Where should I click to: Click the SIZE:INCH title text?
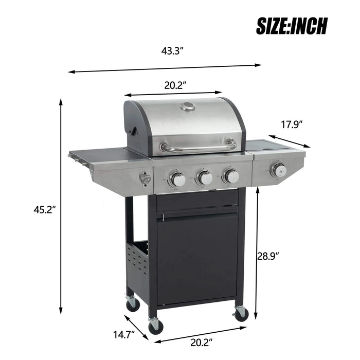coord(292,25)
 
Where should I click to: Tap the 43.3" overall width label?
coord(172,51)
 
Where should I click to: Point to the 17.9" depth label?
coord(292,124)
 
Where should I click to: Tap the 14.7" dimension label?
coord(123,335)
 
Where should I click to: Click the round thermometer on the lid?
coord(188,107)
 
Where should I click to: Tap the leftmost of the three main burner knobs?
coord(178,179)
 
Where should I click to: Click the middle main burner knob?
coord(205,178)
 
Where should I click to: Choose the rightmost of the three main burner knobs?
coord(231,176)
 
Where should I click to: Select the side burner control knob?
coord(278,170)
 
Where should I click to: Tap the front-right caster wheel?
coord(241,313)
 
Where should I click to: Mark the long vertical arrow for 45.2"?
coord(61,206)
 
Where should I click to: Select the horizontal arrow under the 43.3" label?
coord(165,68)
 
